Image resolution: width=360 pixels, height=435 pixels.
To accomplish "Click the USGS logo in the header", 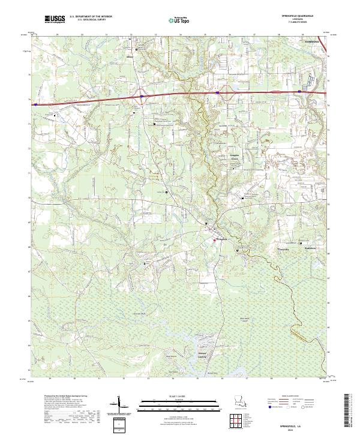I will point(55,19).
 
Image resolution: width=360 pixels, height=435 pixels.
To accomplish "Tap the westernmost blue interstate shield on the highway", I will point(35,104).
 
